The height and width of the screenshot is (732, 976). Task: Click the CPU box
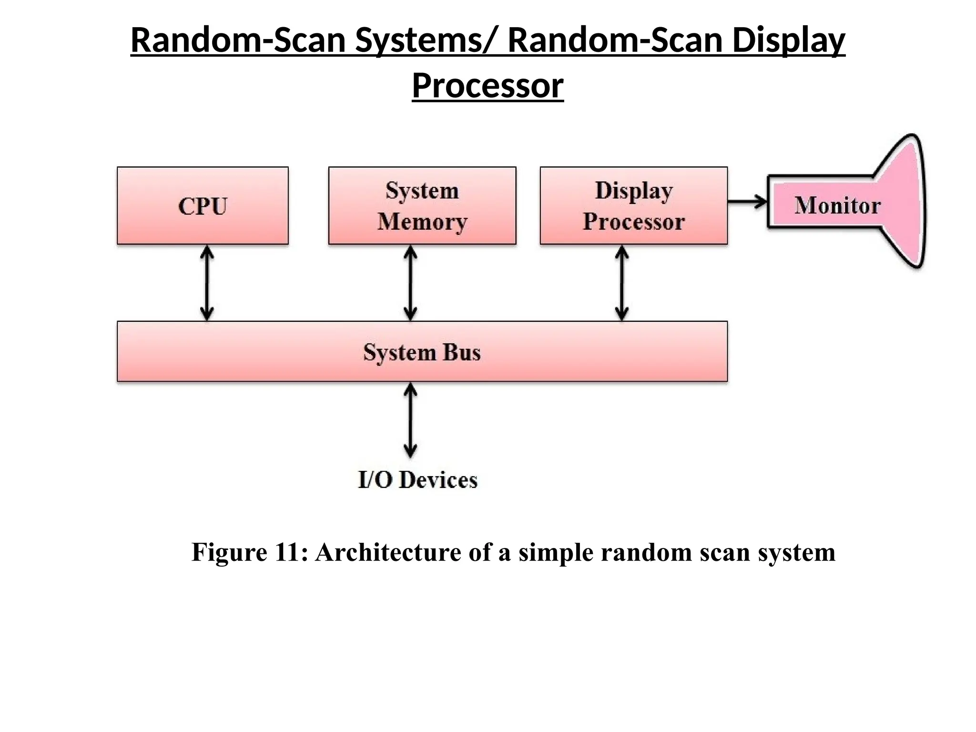[203, 206]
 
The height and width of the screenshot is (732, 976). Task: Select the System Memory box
[422, 206]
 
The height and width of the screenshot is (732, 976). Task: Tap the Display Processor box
[633, 206]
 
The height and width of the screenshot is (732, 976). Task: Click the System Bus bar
[422, 352]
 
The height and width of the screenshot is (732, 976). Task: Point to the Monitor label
[837, 205]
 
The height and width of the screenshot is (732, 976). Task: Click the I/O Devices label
[417, 480]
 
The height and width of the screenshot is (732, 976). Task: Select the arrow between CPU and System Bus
[206, 283]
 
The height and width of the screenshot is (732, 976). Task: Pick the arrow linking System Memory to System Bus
[410, 283]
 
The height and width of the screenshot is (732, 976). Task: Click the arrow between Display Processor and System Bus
[621, 283]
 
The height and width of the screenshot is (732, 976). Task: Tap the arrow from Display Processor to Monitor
[747, 202]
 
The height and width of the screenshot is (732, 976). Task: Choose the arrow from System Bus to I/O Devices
[410, 421]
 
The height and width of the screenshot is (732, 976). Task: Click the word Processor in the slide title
[488, 86]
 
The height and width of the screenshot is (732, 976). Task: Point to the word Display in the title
[789, 41]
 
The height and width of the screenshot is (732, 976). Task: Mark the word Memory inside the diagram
[422, 222]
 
